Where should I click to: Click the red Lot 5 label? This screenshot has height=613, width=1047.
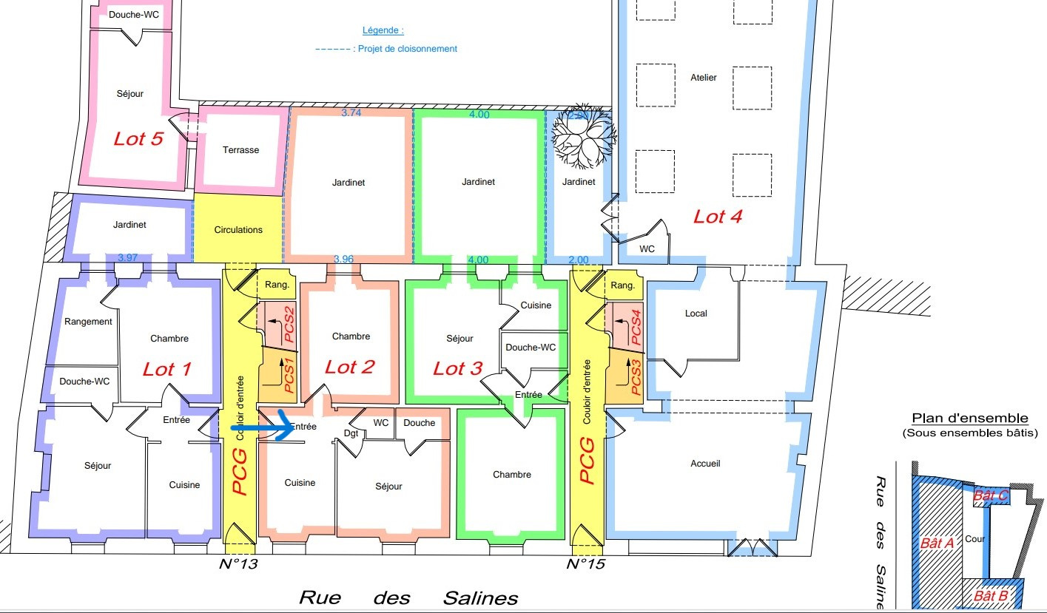[x=138, y=139]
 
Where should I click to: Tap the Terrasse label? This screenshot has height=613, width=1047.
[x=240, y=150]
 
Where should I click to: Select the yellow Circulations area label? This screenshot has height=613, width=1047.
[x=238, y=230]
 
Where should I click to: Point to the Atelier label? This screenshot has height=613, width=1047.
[x=704, y=78]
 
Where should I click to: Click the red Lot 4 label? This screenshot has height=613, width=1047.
[x=718, y=217]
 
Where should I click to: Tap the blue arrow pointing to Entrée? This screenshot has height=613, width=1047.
[x=263, y=426]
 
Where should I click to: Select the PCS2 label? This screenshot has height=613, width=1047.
[x=289, y=324]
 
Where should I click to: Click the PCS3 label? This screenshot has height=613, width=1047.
[x=636, y=377]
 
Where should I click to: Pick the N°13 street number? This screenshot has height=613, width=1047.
[x=238, y=564]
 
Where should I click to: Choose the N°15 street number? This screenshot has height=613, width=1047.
[x=586, y=564]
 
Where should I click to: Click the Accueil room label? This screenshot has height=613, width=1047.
[x=705, y=464]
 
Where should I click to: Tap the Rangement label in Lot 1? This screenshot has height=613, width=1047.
[x=88, y=322]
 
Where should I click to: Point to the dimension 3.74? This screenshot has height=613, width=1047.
[x=351, y=112]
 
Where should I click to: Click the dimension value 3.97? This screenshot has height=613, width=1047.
[x=127, y=257]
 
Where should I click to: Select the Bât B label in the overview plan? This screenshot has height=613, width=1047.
[x=991, y=596]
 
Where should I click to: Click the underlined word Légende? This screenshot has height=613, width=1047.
[x=383, y=30]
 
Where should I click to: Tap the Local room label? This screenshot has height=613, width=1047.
[x=696, y=314]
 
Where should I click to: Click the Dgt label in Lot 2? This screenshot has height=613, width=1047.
[x=351, y=433]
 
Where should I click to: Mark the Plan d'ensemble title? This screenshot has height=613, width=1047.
[x=970, y=419]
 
